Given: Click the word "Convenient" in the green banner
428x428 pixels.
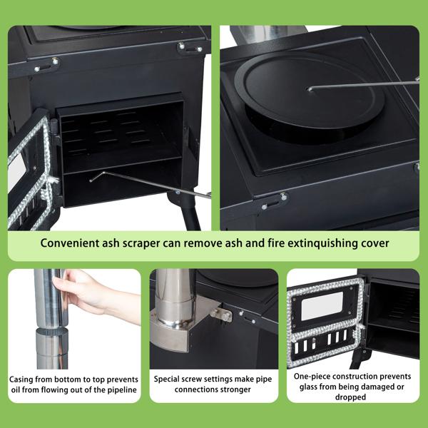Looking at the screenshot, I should point(70,243).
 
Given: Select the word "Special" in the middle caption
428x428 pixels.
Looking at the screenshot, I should point(171,379).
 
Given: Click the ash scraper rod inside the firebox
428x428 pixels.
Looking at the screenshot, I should point(143,183).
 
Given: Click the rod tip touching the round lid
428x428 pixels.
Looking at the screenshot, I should point(309,89).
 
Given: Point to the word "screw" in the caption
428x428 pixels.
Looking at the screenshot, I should point(201,379).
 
